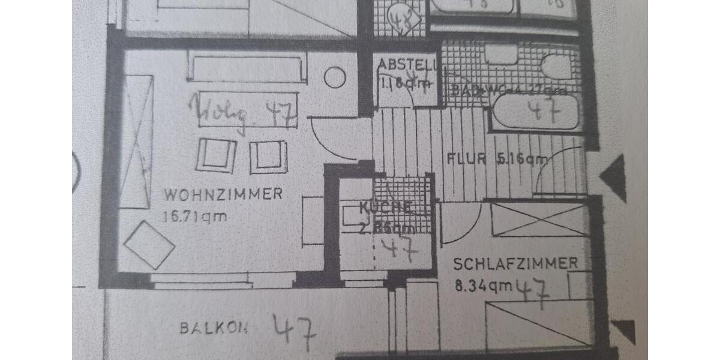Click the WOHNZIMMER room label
click(223, 194)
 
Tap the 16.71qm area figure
click(194, 216)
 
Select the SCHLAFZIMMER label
click(515, 263)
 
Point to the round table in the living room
click(335, 77)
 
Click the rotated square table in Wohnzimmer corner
click(149, 244)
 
